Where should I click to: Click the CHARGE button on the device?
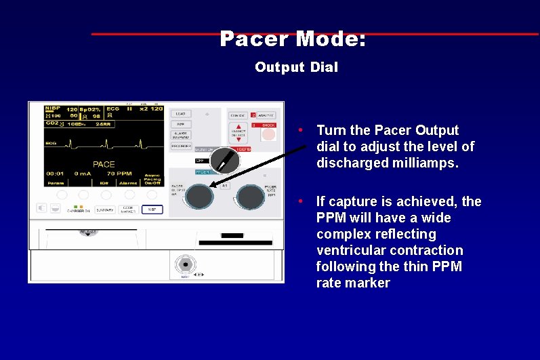tap(237, 116)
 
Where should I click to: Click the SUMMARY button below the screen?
tap(104, 210)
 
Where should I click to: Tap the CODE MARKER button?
tap(129, 210)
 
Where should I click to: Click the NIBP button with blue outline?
tap(153, 209)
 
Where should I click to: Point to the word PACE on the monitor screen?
tap(104, 164)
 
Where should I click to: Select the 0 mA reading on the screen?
tap(83, 174)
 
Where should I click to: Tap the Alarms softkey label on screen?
tap(128, 182)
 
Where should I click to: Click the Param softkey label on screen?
tap(55, 182)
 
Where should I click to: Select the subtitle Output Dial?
tap(296, 67)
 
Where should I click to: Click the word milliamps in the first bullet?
tap(424, 163)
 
